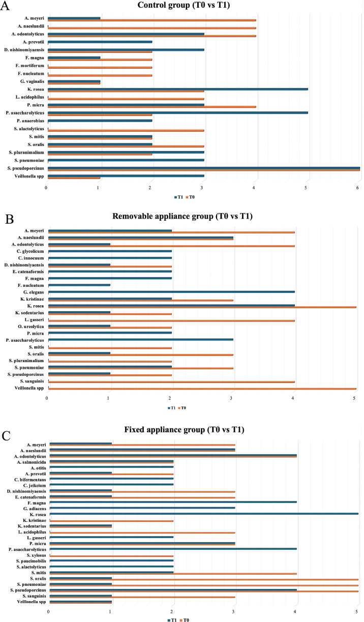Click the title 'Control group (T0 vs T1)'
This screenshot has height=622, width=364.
pos(184,5)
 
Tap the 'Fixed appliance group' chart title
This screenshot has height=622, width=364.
pos(164,430)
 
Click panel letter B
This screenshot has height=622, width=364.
pos(10,219)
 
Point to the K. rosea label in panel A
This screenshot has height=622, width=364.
pos(36,90)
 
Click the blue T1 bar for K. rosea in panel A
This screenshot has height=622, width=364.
pos(178,89)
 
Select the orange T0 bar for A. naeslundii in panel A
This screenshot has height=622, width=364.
pos(152,28)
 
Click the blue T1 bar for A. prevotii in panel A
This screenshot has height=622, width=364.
pos(100,42)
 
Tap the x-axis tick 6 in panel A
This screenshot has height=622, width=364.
pos(357,188)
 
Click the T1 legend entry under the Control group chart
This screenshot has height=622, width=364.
pos(178,197)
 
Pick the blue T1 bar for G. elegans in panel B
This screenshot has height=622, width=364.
pos(172,292)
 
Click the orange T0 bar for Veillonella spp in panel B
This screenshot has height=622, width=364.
pos(202,389)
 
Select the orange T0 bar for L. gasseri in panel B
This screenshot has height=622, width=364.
pos(172,320)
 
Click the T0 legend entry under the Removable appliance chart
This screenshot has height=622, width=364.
pos(182,408)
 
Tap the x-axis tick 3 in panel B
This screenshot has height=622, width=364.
pos(231,398)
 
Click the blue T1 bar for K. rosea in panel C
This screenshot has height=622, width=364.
pos(204,514)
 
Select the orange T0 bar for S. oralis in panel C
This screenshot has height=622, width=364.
pos(204,579)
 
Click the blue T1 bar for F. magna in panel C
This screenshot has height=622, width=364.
pos(173,502)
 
